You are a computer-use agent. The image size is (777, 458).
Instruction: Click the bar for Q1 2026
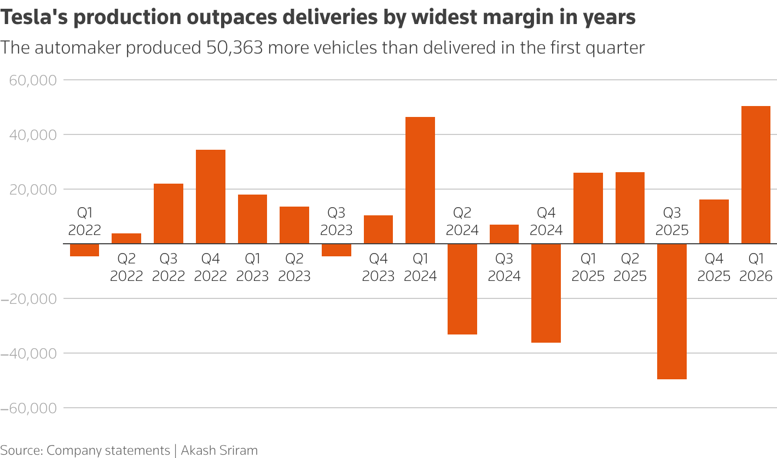[x=756, y=175]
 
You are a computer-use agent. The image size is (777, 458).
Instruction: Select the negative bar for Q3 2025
[x=672, y=312]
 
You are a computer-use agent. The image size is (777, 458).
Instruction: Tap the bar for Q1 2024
[x=420, y=180]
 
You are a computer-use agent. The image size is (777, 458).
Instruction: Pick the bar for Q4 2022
[x=211, y=197]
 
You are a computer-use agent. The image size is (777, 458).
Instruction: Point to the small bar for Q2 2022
[x=126, y=239]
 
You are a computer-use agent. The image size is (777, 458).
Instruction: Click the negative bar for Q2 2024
[x=462, y=289]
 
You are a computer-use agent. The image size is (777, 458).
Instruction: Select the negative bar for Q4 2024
[x=546, y=293]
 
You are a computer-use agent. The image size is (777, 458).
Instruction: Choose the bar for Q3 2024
[x=504, y=234]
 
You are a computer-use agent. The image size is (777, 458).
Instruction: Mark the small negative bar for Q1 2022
[x=84, y=250]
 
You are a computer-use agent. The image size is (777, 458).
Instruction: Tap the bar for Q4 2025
[x=714, y=222]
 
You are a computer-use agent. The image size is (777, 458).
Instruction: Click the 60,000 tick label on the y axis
[x=33, y=80]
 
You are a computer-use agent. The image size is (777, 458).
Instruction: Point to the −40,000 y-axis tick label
[x=28, y=354]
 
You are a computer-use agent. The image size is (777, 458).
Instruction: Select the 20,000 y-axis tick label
[x=33, y=190]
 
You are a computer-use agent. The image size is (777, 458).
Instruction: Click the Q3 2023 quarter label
[x=336, y=221]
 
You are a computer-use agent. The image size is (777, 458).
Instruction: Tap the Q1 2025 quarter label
[x=588, y=267]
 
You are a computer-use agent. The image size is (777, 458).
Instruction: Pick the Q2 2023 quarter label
[x=294, y=267]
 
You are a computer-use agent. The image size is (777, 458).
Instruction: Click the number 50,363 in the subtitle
[x=235, y=48]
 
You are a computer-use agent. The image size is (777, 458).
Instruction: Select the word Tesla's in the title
[x=34, y=17]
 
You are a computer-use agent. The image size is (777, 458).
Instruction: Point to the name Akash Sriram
[x=219, y=450]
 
